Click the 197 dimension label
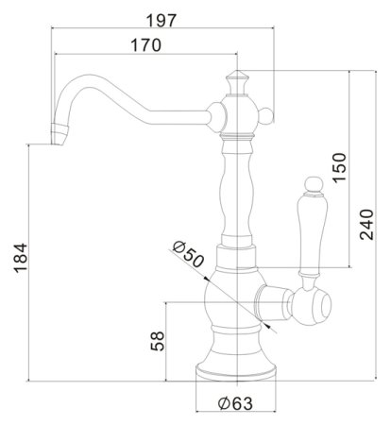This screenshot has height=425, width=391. pos(161,21)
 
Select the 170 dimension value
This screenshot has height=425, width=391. pos(145,45)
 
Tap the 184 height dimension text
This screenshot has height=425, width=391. pos(21,257)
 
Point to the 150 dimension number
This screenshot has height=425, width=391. pos(339,167)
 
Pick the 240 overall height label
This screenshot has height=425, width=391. pos(366,225)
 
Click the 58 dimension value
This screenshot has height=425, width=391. pos(158,341)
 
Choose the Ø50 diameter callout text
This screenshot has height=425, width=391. pos(188,254)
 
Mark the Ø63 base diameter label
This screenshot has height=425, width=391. pos(235,403)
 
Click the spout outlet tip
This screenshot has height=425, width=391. pos(59,135)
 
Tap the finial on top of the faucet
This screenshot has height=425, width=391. pos(237,82)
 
